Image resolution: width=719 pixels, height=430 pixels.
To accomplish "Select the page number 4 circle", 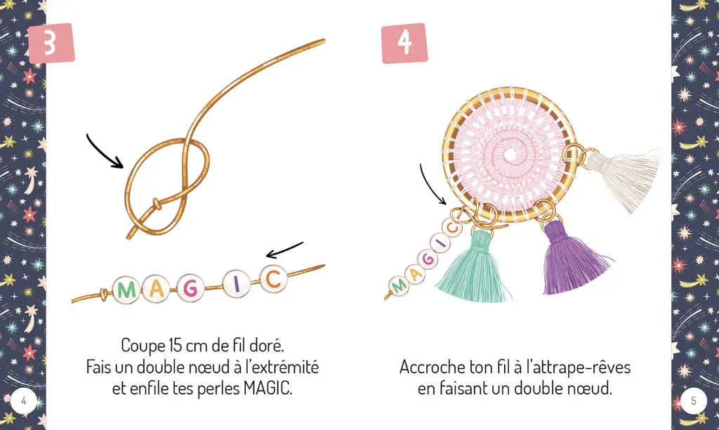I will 24,401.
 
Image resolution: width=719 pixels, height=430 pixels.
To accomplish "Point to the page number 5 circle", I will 694,401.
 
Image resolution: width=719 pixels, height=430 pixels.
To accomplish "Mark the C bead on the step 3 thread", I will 272,280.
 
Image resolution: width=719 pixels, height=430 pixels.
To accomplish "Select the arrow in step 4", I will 431,185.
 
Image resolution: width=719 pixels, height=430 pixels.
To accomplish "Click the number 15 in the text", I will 177,345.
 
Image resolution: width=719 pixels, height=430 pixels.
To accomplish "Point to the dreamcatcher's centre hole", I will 510,153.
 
